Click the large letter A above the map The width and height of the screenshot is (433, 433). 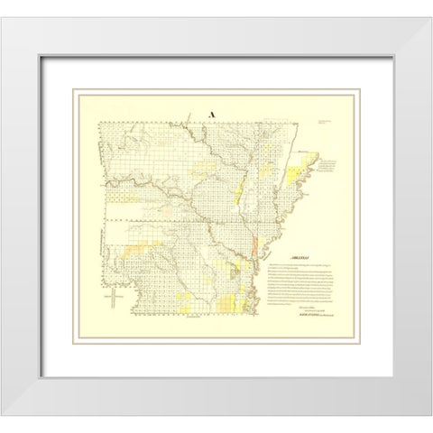pos(213,115)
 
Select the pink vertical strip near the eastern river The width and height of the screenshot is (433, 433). pos(256,246)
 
